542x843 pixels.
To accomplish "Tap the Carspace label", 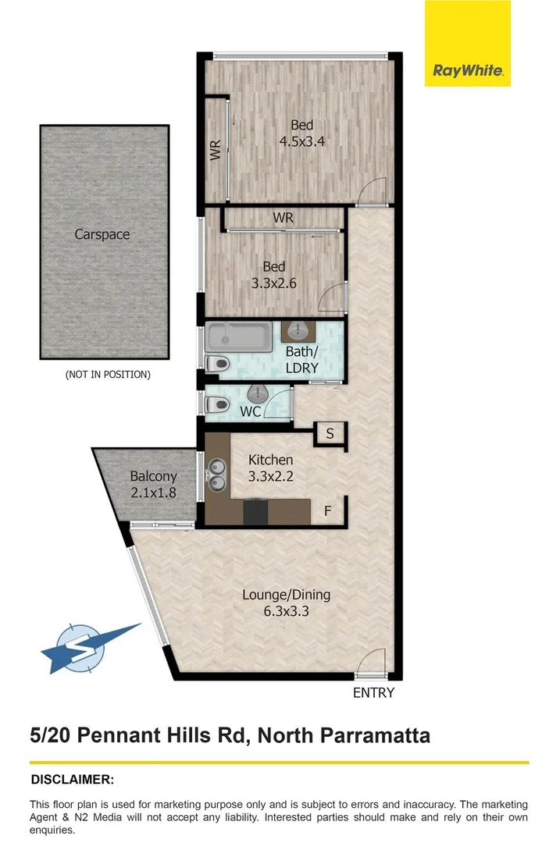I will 102,234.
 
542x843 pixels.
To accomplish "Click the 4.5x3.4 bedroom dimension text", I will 302,141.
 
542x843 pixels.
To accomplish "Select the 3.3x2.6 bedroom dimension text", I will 273,283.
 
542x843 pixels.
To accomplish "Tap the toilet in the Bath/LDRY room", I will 219,364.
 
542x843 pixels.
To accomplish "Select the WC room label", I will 251,411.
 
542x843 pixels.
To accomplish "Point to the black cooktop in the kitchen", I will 255,512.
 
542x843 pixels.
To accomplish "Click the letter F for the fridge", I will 328,513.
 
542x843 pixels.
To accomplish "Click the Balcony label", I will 153,476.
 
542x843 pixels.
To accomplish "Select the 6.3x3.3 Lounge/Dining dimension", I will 286,611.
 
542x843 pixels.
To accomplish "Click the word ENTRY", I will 373,692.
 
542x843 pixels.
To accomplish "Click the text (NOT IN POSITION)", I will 108,375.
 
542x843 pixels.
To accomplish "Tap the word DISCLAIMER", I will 72,779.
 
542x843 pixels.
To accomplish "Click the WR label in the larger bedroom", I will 215,150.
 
